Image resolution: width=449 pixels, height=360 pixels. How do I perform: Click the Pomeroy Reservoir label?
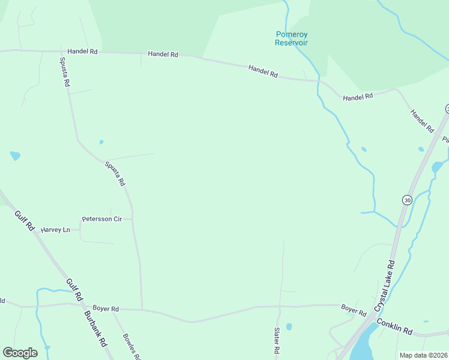point(291,38)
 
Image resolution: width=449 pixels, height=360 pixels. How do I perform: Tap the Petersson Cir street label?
point(102,219)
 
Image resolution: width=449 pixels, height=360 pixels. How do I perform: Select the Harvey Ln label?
point(55,230)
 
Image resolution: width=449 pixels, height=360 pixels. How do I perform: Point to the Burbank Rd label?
point(95,329)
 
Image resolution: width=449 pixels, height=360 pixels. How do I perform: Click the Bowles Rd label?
point(131,347)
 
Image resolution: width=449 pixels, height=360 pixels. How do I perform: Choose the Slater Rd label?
point(277,340)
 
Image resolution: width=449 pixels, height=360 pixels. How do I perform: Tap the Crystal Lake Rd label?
point(384,286)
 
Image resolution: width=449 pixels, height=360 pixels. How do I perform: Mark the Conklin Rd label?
point(395,327)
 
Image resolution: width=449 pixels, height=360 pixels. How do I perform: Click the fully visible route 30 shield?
point(408,200)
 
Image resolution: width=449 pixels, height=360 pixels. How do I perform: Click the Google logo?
point(20,353)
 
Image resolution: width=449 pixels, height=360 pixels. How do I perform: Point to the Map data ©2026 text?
point(424,355)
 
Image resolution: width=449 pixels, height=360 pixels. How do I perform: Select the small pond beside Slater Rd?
point(289,327)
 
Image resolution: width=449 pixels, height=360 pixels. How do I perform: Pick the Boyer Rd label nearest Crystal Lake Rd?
point(354,310)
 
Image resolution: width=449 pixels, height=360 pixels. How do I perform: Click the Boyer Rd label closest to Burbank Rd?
point(106,309)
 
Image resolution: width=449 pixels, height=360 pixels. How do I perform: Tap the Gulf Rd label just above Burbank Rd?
point(74,289)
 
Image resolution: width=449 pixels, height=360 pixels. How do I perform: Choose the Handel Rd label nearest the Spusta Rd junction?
point(82,52)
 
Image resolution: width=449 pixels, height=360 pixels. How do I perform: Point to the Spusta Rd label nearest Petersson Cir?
point(115,173)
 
